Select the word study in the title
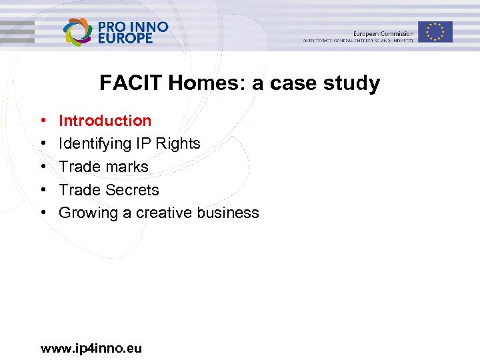[354, 83]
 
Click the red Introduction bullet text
[105, 121]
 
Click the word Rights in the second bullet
[178, 143]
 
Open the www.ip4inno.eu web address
[91, 348]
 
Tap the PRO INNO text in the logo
[133, 27]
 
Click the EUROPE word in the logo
[126, 38]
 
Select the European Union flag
[435, 31]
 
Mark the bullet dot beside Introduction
[43, 121]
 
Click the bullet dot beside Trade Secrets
[43, 191]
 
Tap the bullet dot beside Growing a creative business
[43, 213]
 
